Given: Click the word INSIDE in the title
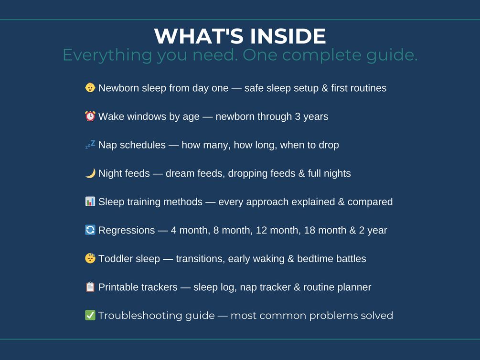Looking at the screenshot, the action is tap(288, 36).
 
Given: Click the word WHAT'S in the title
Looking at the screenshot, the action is tap(199, 36).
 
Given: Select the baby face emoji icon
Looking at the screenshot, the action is tap(90, 87).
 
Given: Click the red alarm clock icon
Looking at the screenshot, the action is tap(90, 116).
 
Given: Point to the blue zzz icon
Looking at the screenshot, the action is tap(90, 145).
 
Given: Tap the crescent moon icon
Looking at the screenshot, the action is tap(90, 173).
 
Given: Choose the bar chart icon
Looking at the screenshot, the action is tap(90, 201).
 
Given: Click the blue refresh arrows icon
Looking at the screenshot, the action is tap(90, 230).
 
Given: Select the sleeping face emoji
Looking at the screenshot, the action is tap(90, 258).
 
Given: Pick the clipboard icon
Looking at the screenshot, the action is tap(90, 287).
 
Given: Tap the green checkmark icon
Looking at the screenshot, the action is tap(90, 315).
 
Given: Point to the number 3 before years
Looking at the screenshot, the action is tap(298, 116).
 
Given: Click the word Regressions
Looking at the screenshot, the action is tap(127, 231).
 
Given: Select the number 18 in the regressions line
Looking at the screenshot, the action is tap(309, 230).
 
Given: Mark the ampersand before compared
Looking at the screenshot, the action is tap(341, 202).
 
